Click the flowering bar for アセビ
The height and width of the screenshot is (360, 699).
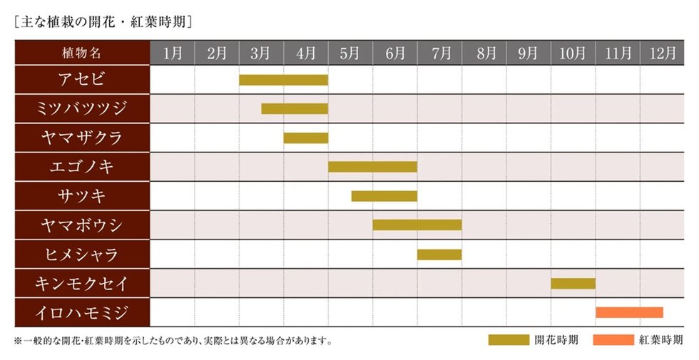coord(283,80)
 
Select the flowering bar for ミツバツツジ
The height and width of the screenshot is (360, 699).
coord(295,109)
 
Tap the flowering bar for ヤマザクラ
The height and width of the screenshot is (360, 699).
coord(306,138)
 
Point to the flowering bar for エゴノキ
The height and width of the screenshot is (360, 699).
coord(372,167)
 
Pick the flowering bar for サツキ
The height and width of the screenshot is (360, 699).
coord(384,196)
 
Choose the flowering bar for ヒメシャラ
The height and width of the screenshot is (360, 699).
coord(439,254)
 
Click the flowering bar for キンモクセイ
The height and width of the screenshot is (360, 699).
coord(573,284)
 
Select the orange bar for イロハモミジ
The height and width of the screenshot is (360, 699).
coord(629,312)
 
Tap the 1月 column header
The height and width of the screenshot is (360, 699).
coord(172,53)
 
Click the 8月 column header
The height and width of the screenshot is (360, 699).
coord(484,53)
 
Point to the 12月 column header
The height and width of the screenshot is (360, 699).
coord(662,53)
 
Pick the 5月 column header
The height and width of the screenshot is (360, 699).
coord(350,53)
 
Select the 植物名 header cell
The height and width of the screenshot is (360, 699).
coord(82,53)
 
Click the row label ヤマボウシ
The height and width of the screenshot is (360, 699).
coord(82,225)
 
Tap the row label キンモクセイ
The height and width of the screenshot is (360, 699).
coord(82,284)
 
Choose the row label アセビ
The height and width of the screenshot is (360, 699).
coord(82,80)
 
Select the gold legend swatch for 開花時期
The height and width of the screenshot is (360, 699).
coord(508,340)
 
